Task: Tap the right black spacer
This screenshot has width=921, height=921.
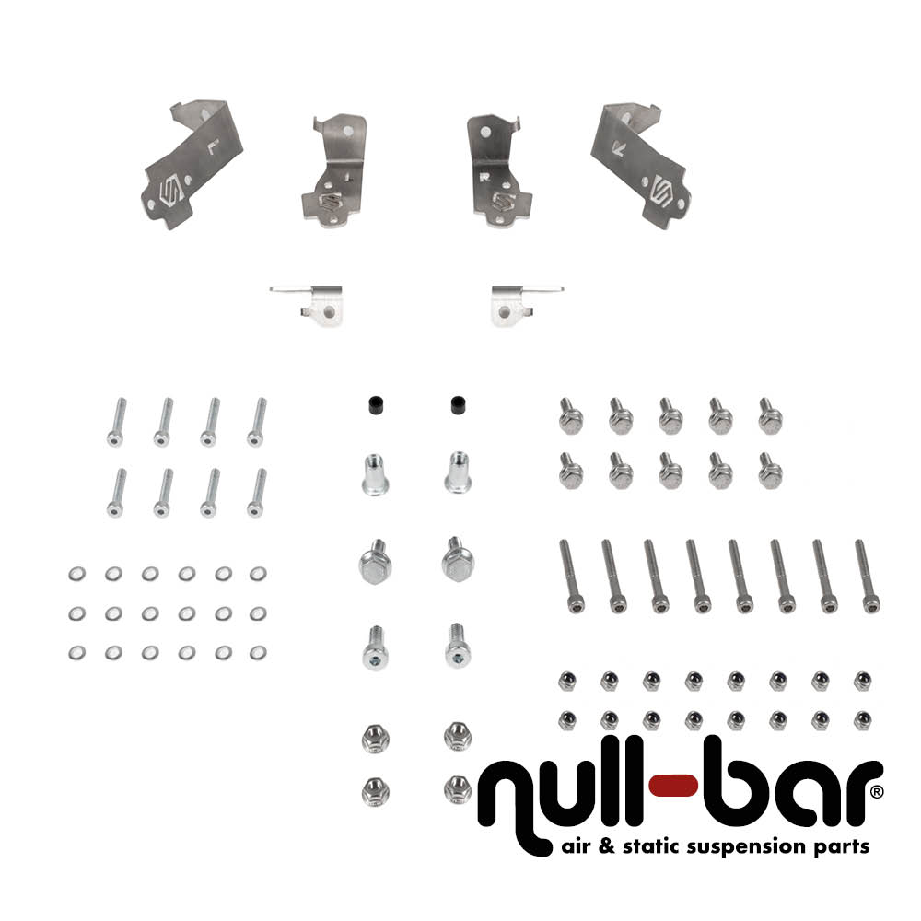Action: [456, 404]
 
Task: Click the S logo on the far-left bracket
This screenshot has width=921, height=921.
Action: [169, 192]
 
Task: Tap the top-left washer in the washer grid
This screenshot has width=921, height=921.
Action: [75, 575]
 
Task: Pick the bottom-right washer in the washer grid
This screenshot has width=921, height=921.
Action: [257, 652]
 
